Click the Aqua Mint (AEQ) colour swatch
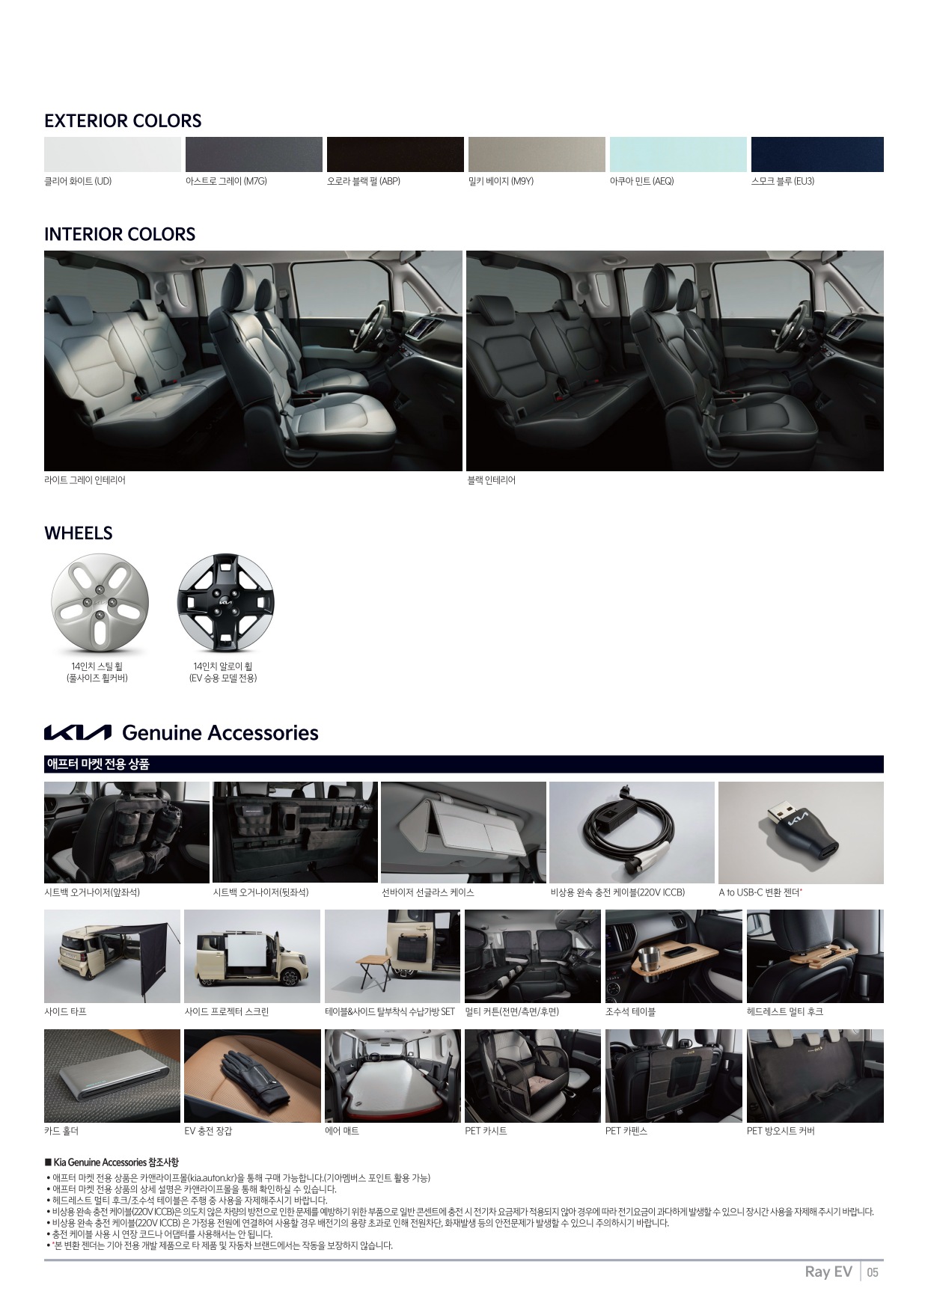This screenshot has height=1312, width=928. [678, 154]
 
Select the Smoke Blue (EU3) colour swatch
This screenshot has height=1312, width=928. [817, 154]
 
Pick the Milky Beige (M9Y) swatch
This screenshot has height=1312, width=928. [537, 154]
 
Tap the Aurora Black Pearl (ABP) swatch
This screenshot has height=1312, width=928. [395, 154]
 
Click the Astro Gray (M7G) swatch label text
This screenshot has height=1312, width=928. [226, 181]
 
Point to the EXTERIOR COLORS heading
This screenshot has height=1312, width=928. [123, 121]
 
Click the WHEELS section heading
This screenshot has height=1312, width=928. [79, 533]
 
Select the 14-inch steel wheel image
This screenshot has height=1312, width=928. [100, 602]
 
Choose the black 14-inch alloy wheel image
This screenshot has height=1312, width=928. [226, 602]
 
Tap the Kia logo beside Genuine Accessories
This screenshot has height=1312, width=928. [78, 732]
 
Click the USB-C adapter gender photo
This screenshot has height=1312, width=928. [801, 833]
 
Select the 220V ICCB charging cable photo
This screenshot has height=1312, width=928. [632, 833]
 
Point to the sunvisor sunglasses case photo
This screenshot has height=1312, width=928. [463, 833]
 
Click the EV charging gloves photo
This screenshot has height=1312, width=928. [252, 1076]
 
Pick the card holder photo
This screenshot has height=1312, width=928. [112, 1076]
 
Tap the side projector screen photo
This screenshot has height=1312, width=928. [252, 956]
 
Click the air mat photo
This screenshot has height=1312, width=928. [393, 1076]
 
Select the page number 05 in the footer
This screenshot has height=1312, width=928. [873, 1272]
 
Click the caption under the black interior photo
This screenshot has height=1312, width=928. [492, 480]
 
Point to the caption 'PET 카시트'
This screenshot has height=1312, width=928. [486, 1131]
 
